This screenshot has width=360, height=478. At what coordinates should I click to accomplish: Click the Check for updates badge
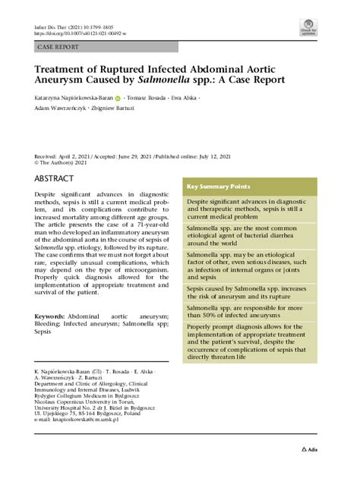click(308, 28)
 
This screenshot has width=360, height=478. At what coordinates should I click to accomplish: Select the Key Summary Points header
click(219, 187)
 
